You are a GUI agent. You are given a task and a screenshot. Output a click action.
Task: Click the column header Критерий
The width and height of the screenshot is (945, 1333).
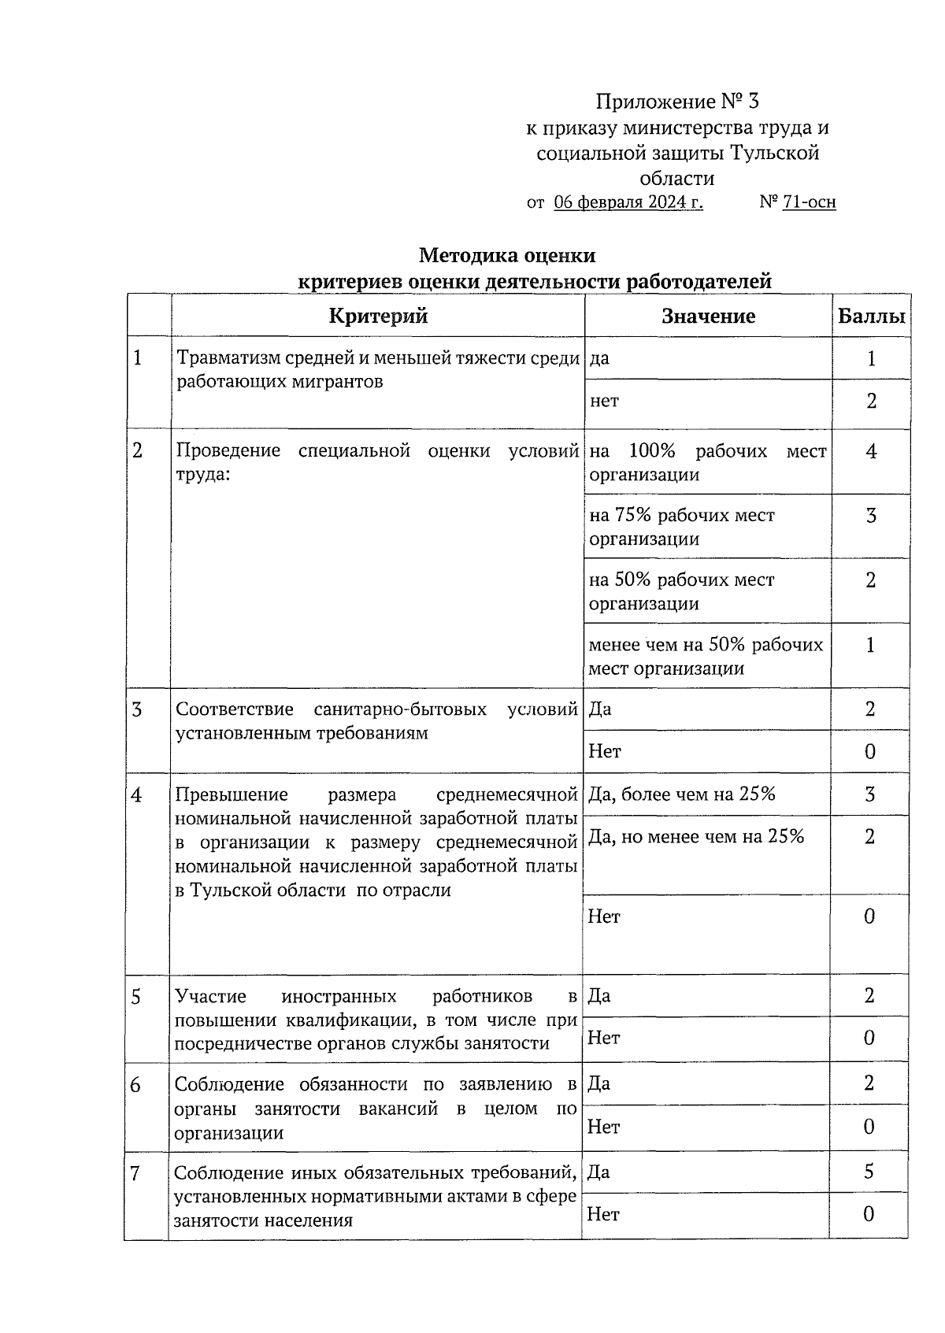tap(378, 317)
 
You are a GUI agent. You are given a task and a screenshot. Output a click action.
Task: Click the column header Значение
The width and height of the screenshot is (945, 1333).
tap(708, 317)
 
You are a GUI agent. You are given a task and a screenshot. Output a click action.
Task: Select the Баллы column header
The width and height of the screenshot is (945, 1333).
tap(870, 317)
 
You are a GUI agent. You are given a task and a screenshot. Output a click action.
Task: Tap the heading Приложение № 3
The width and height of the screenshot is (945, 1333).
tap(677, 102)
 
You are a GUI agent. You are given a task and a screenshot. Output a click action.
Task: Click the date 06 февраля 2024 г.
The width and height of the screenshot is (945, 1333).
tap(628, 202)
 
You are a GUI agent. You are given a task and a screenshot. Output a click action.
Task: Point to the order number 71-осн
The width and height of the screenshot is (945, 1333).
tap(809, 202)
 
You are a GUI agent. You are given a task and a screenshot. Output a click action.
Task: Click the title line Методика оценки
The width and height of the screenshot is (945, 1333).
tap(506, 255)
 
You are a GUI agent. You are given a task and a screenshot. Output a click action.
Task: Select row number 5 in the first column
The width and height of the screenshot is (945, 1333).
tap(136, 998)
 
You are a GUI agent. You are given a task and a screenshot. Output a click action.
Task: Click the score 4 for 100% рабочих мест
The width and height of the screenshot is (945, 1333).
tap(870, 452)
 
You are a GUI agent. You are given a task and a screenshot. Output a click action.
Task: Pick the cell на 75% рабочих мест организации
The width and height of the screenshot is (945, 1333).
tap(682, 527)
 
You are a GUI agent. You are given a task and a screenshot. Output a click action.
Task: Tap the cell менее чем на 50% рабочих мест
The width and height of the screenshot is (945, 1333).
tap(706, 656)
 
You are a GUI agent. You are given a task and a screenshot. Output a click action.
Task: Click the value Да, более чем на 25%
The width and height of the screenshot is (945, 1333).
tap(682, 794)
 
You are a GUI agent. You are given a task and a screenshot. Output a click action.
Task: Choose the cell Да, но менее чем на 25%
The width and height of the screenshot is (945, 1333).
tap(696, 837)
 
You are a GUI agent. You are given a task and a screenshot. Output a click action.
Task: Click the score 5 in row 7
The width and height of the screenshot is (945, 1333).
tap(869, 1172)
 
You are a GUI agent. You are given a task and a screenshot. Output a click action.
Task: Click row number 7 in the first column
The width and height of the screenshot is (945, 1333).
tap(135, 1174)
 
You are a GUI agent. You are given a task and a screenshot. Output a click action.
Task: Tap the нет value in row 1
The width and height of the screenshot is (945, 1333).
tap(604, 402)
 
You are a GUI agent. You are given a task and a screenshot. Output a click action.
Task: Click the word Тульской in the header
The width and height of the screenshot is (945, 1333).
tap(775, 153)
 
